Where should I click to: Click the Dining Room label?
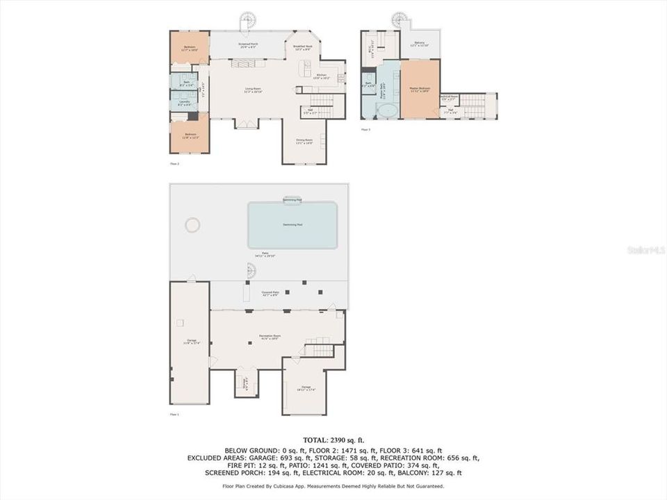point(304,142)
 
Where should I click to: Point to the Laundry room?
point(184,103)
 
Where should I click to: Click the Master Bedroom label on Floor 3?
point(420,90)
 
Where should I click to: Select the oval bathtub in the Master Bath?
point(389,110)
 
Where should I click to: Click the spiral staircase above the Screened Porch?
point(247,19)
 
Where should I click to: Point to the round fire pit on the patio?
point(192,225)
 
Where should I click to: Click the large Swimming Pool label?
point(293,225)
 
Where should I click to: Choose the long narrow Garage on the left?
point(190,341)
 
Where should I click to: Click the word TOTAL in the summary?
point(316,440)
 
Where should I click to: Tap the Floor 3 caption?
point(365,129)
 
